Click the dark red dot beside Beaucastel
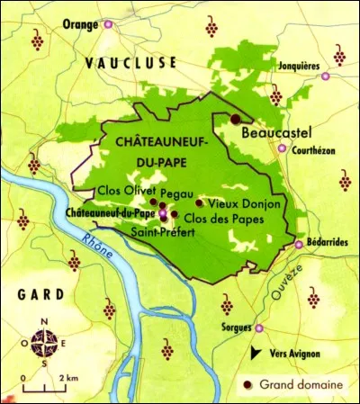click(x=236, y=119)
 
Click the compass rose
click(x=41, y=342)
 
